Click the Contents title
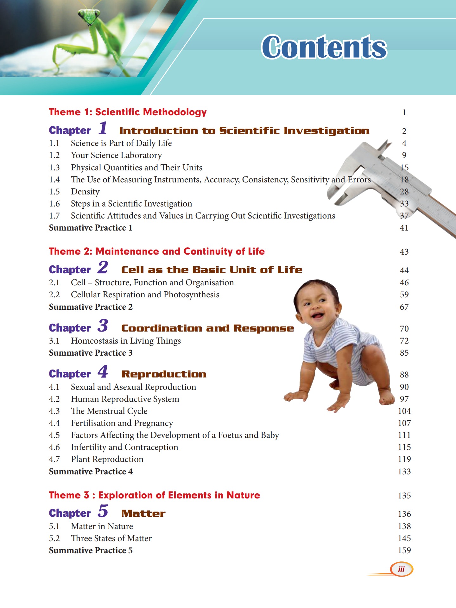[x=324, y=47]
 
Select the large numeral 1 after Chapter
[x=103, y=128]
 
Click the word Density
[x=85, y=192]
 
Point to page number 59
[x=404, y=294]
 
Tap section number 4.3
[x=54, y=411]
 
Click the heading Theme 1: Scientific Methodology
[x=128, y=112]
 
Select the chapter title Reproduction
[x=164, y=374]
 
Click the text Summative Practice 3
[x=91, y=353]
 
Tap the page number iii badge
[x=401, y=569]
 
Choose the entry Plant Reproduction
[x=107, y=459]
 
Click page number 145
[x=404, y=538]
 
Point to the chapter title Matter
[x=143, y=513]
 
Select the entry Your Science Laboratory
[x=116, y=155]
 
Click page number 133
[x=404, y=472]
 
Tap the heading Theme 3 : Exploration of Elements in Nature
[x=154, y=495]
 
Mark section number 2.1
[x=54, y=282]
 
